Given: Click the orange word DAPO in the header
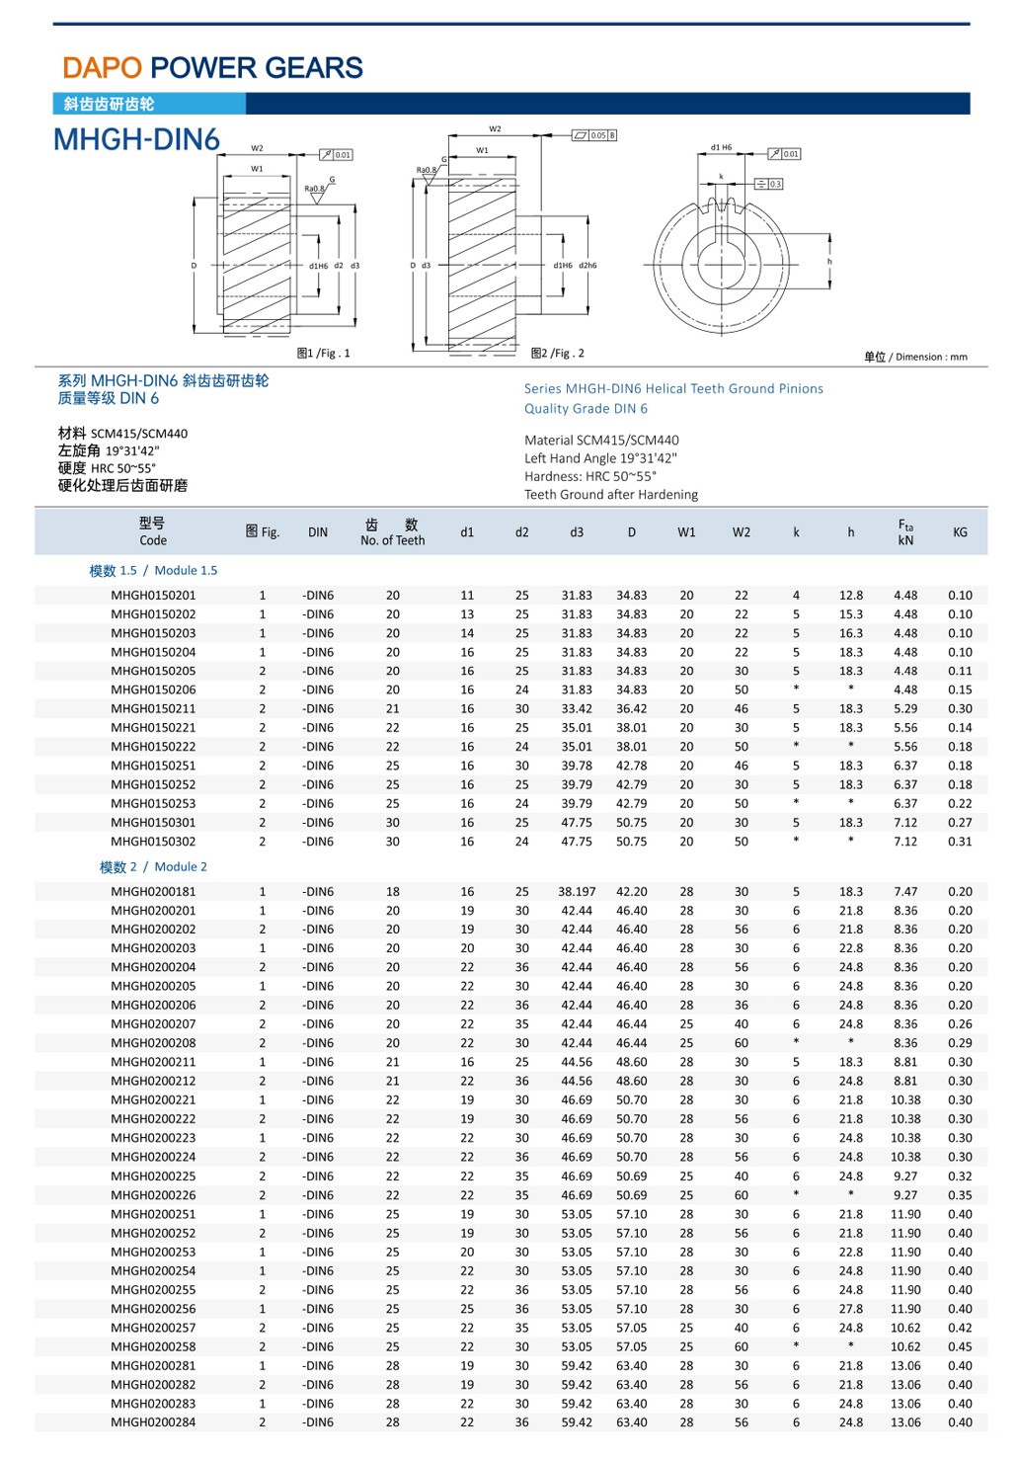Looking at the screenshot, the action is (103, 68).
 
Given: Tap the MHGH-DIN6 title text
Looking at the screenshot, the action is (136, 139).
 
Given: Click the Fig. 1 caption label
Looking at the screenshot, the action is (323, 353).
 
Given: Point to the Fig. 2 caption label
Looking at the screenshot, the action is (557, 353).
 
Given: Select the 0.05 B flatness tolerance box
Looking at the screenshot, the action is (594, 135).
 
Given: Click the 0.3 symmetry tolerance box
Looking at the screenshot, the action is (769, 184).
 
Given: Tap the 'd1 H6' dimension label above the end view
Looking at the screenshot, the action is (721, 147).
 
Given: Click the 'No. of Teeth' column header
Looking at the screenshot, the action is (393, 540).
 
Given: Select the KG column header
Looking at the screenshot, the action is (960, 532).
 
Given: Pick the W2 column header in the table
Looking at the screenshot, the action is (741, 532).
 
